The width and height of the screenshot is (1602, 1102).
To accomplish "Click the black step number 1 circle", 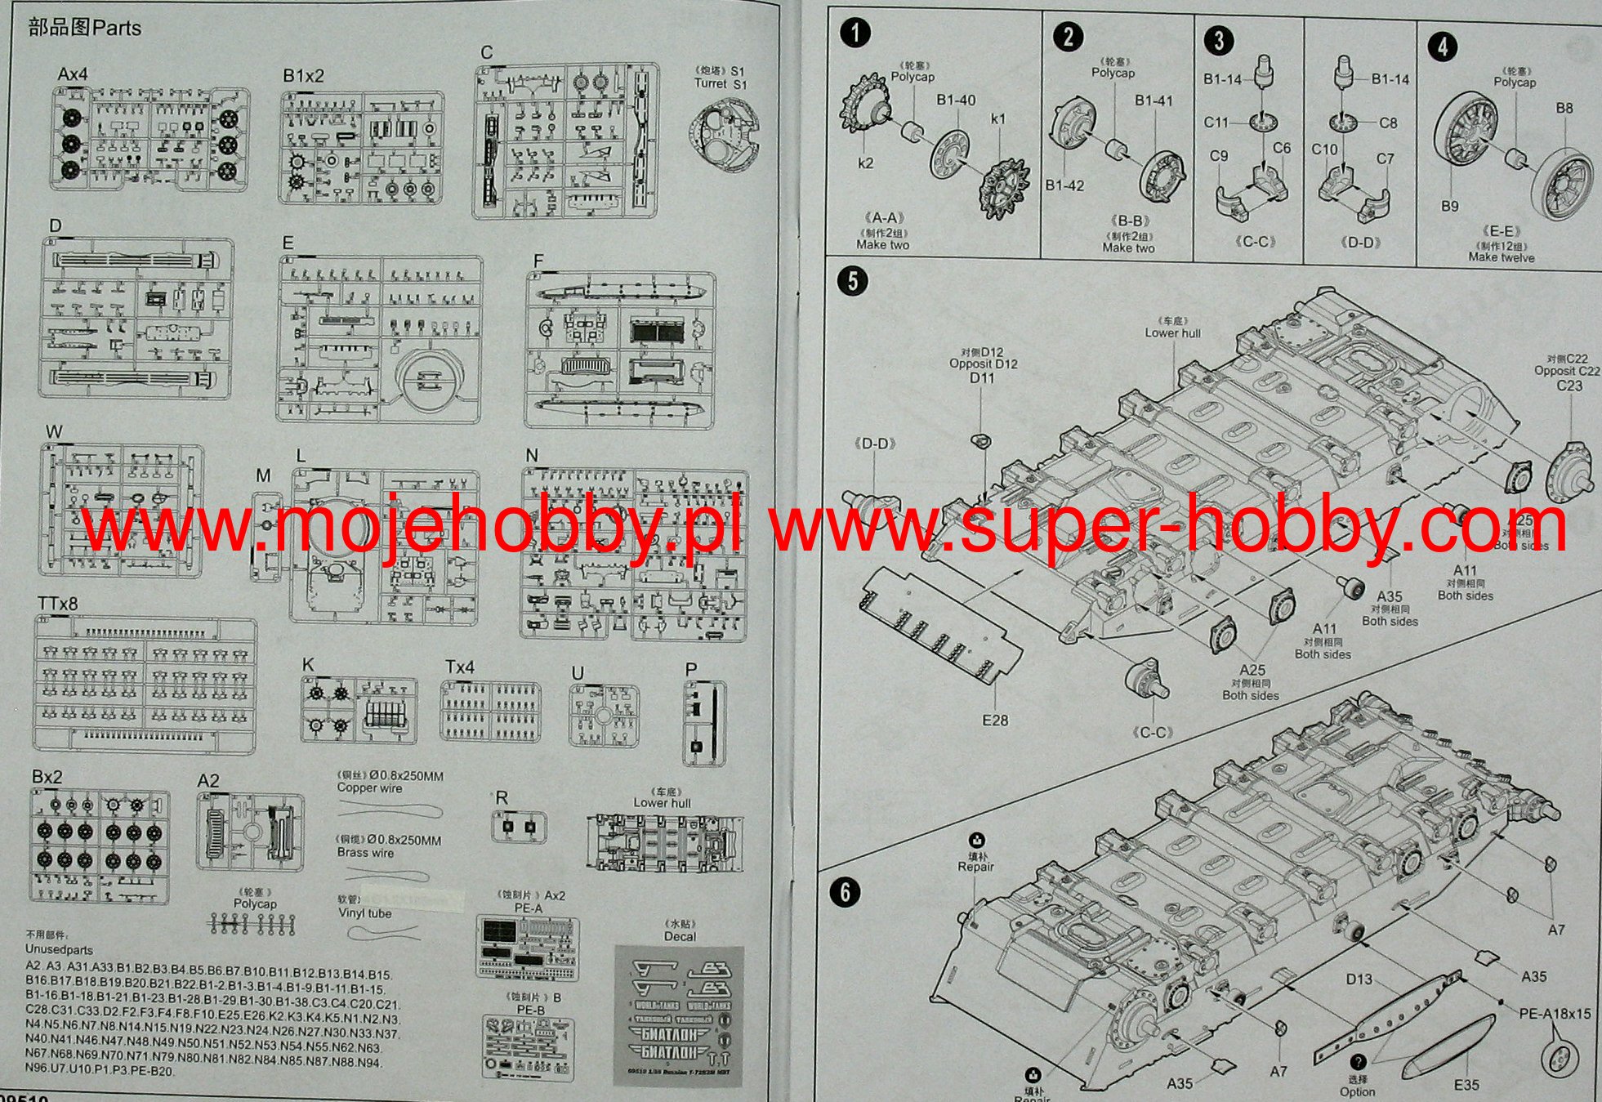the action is point(855,33).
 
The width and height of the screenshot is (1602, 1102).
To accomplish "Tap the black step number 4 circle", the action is point(1442,46).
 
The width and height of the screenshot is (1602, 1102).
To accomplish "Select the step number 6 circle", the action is point(846,892).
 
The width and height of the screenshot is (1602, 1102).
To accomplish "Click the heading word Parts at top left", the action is point(117,28).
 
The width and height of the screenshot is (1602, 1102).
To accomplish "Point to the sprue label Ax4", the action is point(73,74).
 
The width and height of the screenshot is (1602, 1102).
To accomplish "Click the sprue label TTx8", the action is point(57,604).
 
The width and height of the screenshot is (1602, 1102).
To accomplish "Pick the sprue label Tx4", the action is point(459,667).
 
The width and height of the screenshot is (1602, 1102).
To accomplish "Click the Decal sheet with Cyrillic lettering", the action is point(678,1015).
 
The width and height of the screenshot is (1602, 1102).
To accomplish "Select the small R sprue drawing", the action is point(519,827).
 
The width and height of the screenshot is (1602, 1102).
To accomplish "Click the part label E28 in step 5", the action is point(994,721).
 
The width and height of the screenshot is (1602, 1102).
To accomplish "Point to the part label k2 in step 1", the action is point(865,163).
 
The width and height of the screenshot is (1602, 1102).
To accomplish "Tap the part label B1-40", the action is point(956,100).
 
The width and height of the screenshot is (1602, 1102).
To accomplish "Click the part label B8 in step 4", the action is point(1564,108).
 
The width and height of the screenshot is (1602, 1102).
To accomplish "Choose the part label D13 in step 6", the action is point(1359,979).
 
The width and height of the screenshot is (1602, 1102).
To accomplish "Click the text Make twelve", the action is point(1501,257).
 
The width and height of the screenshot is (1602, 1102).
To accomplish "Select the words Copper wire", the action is point(369,788).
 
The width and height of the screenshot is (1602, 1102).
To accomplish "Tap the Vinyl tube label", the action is point(364,913).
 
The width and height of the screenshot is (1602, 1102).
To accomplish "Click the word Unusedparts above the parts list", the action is point(59,950).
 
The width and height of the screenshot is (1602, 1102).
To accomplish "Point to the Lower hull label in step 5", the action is point(1172,333).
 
